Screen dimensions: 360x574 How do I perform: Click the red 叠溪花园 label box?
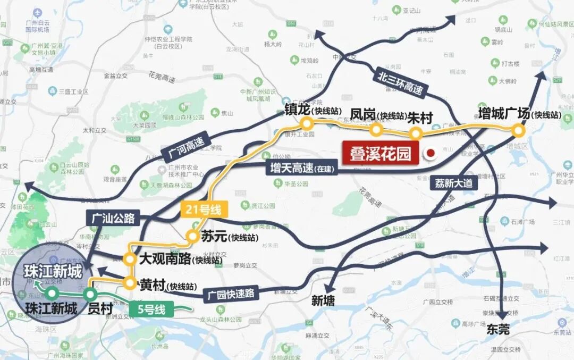click(x=380, y=154)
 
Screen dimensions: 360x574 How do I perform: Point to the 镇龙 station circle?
click(x=306, y=124)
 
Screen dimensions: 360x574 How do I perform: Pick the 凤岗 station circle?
click(x=377, y=129)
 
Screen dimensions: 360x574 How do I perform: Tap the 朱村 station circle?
click(x=416, y=133)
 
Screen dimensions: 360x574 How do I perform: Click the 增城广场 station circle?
click(x=518, y=130)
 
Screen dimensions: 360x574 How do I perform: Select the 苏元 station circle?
click(x=192, y=237)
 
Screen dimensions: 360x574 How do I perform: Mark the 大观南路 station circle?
click(x=129, y=259)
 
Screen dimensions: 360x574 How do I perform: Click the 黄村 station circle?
click(x=130, y=283)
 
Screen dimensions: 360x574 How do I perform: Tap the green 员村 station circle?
click(x=91, y=294)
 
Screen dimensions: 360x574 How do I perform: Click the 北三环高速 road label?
click(x=401, y=81)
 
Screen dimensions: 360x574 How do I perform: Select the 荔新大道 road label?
click(x=453, y=183)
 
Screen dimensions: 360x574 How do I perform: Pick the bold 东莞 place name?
click(x=498, y=330)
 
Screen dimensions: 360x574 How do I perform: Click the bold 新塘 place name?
click(x=323, y=300)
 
